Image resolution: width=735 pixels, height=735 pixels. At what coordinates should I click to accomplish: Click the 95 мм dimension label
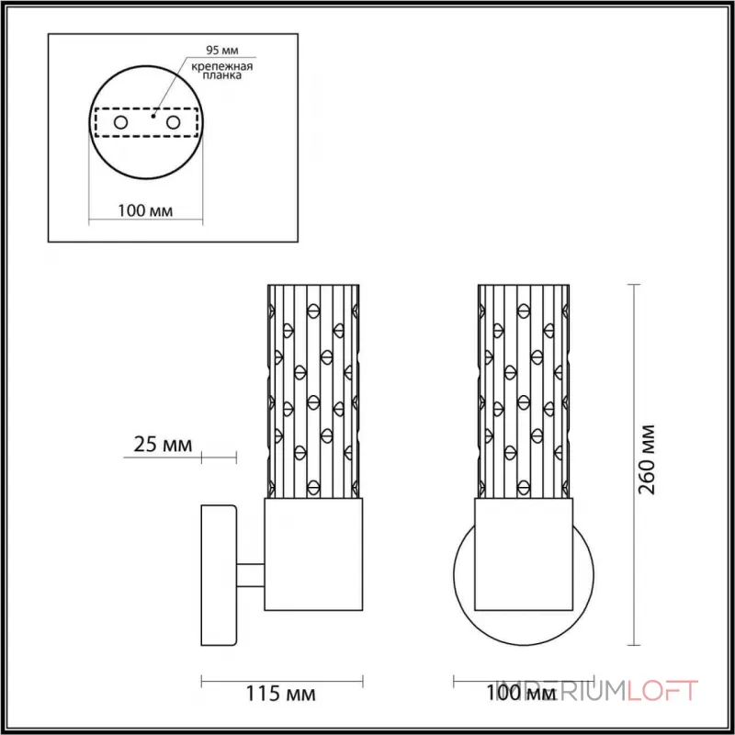click(222, 51)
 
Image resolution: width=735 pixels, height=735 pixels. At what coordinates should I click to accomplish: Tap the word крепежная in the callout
click(222, 66)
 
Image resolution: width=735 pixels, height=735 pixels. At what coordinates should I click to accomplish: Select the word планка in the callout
click(222, 75)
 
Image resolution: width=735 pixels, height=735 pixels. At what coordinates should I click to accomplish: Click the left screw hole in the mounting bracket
click(120, 123)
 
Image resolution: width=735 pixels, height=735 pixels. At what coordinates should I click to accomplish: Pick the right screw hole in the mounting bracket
click(173, 123)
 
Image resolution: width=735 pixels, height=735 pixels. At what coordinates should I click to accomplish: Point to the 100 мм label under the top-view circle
click(145, 210)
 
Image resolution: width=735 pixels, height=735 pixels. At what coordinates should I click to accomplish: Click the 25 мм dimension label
click(163, 445)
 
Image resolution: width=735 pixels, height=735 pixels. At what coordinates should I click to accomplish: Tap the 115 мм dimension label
click(281, 694)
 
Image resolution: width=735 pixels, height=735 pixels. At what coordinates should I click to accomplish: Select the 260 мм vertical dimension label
click(648, 459)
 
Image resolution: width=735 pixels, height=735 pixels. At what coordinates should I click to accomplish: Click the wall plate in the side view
click(219, 575)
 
